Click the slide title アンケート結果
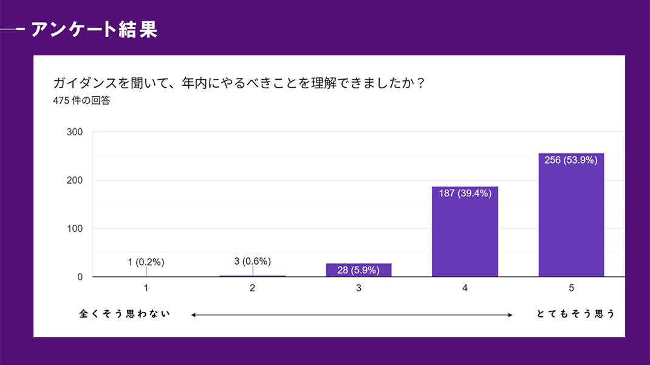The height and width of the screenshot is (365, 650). pos(94,29)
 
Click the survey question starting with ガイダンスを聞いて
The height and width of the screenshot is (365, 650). pos(238,83)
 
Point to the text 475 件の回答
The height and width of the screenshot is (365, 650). pos(81,101)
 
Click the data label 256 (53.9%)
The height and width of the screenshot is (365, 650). pos(571,161)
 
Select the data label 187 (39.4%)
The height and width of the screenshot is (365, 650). pos(465,193)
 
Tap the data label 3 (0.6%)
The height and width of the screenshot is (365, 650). pos(252,262)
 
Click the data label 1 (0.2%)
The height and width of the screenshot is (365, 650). pos(146,262)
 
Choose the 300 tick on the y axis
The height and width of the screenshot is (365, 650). pos(75,132)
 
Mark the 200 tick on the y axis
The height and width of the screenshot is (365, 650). pos(75,180)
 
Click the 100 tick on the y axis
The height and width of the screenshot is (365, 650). pos(75,229)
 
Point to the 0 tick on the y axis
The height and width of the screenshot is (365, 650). pos(80,277)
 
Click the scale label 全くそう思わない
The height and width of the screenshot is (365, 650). pos(125,315)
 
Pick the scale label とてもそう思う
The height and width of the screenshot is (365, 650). pos(576,315)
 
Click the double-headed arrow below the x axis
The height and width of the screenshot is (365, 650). pos(352,315)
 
